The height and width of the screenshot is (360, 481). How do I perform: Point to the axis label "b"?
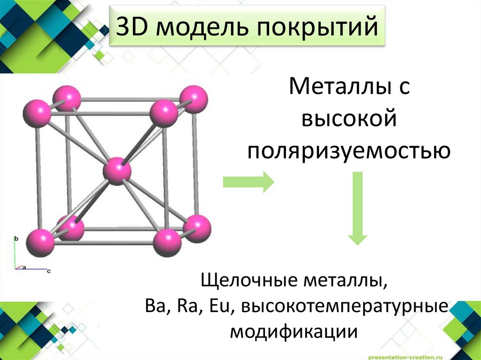coord(16,238)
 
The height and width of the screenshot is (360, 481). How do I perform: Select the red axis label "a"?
coord(24,267)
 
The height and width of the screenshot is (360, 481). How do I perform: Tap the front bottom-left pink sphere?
coord(39,242)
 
